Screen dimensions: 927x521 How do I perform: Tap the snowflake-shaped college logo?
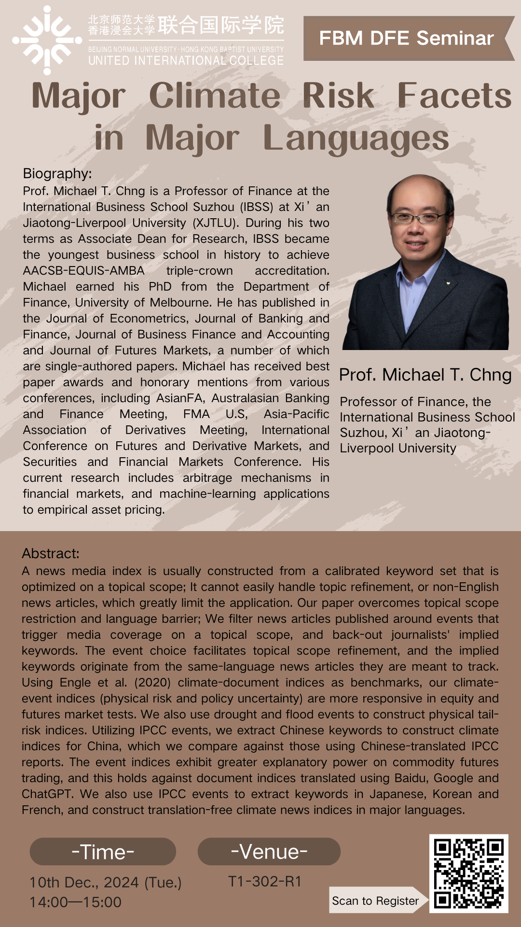(47, 40)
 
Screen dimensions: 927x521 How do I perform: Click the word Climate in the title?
(215, 96)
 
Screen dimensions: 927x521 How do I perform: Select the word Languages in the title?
(356, 138)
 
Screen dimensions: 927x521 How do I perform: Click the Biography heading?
(57, 173)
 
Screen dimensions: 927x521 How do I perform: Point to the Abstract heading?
(50, 553)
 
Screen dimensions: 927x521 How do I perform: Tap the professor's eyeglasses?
(420, 217)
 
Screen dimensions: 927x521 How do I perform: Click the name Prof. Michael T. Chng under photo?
(425, 375)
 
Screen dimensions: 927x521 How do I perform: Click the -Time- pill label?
(103, 852)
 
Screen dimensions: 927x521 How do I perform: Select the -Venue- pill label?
(269, 852)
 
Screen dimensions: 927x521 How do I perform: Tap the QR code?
(468, 873)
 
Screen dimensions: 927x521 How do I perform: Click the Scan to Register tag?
(375, 901)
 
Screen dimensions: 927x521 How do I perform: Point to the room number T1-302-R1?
(265, 881)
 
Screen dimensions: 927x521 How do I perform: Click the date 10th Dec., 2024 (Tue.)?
(106, 883)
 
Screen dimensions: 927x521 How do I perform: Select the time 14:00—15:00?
(75, 902)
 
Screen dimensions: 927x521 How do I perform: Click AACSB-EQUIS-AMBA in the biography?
(83, 271)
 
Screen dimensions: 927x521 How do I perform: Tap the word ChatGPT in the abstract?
(47, 794)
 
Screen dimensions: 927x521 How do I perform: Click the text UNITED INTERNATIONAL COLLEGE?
(186, 60)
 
